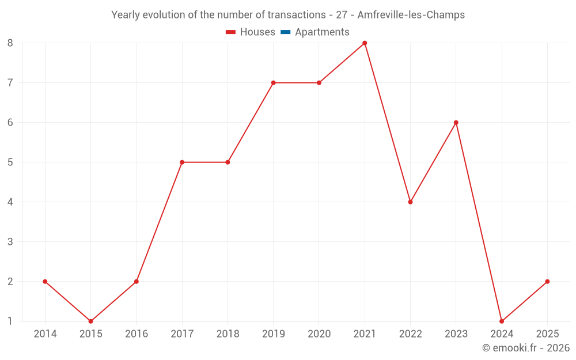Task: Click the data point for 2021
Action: [x=365, y=43]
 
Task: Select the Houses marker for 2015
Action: [x=90, y=321]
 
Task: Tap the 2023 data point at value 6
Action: [x=456, y=123]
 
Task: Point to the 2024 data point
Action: [x=502, y=321]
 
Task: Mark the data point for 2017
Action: [x=182, y=162]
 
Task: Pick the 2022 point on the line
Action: [x=410, y=202]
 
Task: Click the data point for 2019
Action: [x=273, y=83]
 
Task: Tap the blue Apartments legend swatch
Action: [x=286, y=32]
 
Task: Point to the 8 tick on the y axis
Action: [x=10, y=43]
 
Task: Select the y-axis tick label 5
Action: [x=10, y=162]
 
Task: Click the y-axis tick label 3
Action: [x=10, y=242]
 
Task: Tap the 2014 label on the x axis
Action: [x=45, y=334]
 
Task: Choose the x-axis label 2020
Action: [x=319, y=334]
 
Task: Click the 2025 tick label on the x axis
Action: [x=547, y=334]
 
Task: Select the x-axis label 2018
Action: [x=228, y=334]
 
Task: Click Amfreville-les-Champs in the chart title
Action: [x=411, y=15]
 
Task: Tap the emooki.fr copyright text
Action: [x=526, y=348]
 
